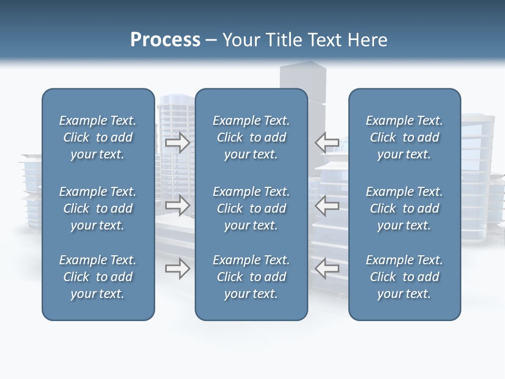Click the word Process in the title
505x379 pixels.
(165, 40)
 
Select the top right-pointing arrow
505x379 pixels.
(178, 143)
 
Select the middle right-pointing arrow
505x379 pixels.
(178, 205)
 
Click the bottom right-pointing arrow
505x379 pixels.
(178, 268)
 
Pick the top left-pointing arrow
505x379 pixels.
(327, 143)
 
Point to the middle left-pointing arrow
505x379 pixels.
(327, 205)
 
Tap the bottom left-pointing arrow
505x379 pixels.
(327, 268)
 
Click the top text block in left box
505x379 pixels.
(98, 137)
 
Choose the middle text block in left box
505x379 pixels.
(98, 208)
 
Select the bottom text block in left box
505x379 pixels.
(98, 277)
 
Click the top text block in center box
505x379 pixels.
(251, 137)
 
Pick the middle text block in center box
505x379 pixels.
(251, 208)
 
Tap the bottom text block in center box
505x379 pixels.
(251, 277)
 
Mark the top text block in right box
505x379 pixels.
(405, 137)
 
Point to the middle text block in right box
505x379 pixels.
(405, 208)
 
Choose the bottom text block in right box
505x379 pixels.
(405, 277)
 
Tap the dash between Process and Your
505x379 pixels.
(211, 41)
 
